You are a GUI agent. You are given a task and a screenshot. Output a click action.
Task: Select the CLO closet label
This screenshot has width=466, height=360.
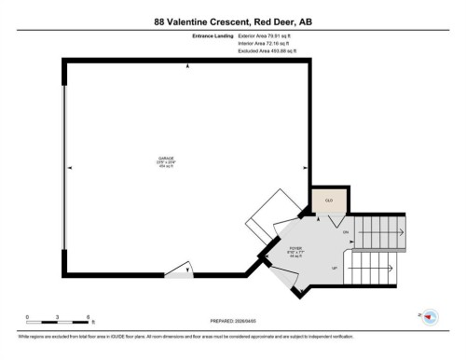pos(328,200)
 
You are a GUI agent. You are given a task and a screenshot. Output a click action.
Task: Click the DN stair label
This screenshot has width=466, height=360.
pos(345,231)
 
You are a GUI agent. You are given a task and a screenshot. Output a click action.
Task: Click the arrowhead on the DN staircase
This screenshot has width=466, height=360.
pos(402,231)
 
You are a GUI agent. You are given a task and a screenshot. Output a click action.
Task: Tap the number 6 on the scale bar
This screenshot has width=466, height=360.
pos(87,317)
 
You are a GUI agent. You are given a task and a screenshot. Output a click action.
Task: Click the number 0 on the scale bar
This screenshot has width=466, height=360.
pos(27,317)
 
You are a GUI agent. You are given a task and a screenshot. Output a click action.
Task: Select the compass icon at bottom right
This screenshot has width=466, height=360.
pos(430,317)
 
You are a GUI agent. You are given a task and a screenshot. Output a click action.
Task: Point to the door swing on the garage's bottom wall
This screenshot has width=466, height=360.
pos(180,271)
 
